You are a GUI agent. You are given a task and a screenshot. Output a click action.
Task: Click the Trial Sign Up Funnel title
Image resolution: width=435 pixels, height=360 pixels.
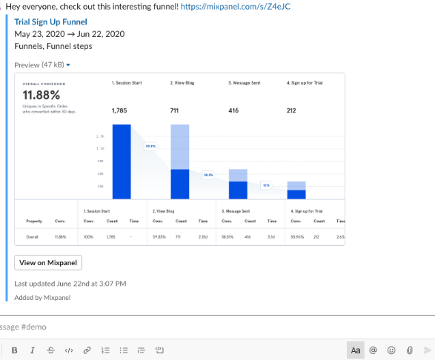[x=50, y=21]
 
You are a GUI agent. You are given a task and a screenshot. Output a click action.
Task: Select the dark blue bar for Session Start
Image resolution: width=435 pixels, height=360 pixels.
[x=121, y=161]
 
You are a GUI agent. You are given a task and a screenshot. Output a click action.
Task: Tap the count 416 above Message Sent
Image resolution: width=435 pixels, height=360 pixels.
[x=233, y=110]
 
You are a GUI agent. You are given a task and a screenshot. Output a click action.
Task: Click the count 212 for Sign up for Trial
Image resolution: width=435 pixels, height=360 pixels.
[x=292, y=110]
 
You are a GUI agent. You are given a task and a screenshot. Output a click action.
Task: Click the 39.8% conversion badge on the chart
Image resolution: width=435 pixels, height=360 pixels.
[x=150, y=147]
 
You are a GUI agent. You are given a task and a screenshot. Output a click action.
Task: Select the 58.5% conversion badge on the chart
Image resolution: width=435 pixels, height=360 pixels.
[x=208, y=176]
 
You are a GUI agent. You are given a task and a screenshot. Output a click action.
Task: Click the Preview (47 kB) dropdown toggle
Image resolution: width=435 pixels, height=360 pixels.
[x=68, y=65]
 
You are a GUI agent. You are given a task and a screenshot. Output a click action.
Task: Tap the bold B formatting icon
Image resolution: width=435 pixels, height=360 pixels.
[x=14, y=350]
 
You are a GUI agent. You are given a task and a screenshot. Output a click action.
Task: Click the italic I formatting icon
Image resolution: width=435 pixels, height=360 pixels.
[x=32, y=350]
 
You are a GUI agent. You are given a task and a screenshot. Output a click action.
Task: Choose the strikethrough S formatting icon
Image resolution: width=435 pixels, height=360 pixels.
[x=50, y=350]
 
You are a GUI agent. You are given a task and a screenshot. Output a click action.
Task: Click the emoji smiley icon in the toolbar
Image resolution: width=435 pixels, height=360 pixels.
[x=392, y=350]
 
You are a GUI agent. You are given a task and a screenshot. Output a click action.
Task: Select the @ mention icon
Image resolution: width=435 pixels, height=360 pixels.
[x=374, y=350]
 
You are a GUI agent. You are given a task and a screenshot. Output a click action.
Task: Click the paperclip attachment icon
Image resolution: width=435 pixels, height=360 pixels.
[x=409, y=350]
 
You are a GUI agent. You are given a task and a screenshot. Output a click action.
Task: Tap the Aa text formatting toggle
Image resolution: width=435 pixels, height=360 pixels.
[x=356, y=350]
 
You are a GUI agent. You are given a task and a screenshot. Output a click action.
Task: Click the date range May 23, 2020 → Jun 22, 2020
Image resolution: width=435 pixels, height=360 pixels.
[x=69, y=34]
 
